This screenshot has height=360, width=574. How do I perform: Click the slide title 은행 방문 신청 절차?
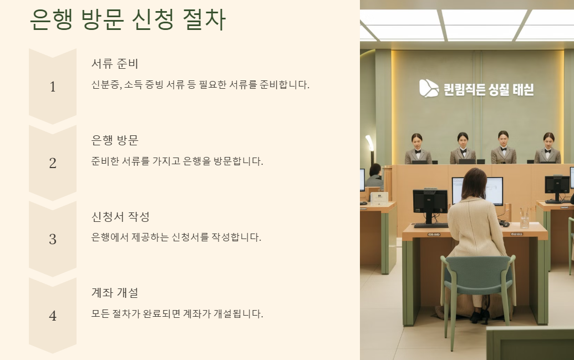(x=128, y=21)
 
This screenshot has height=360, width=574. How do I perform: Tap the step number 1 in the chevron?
(x=53, y=87)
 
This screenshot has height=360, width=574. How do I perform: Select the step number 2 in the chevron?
(x=53, y=163)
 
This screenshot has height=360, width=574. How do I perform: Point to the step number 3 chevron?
(x=53, y=239)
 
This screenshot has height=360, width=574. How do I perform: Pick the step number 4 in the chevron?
(x=53, y=316)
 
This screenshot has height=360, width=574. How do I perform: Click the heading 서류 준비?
(x=115, y=63)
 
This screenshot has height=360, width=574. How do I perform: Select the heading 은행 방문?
(x=115, y=140)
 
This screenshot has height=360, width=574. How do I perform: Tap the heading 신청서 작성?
(x=120, y=216)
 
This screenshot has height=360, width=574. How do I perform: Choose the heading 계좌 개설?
(x=115, y=292)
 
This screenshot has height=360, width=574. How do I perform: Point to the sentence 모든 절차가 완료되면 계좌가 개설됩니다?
(x=177, y=313)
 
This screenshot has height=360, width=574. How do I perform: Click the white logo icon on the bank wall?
(x=428, y=88)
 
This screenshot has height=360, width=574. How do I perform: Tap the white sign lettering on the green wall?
(x=489, y=89)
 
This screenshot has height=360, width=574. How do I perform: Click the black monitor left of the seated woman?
(x=430, y=202)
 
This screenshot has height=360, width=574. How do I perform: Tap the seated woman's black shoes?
(x=478, y=317)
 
